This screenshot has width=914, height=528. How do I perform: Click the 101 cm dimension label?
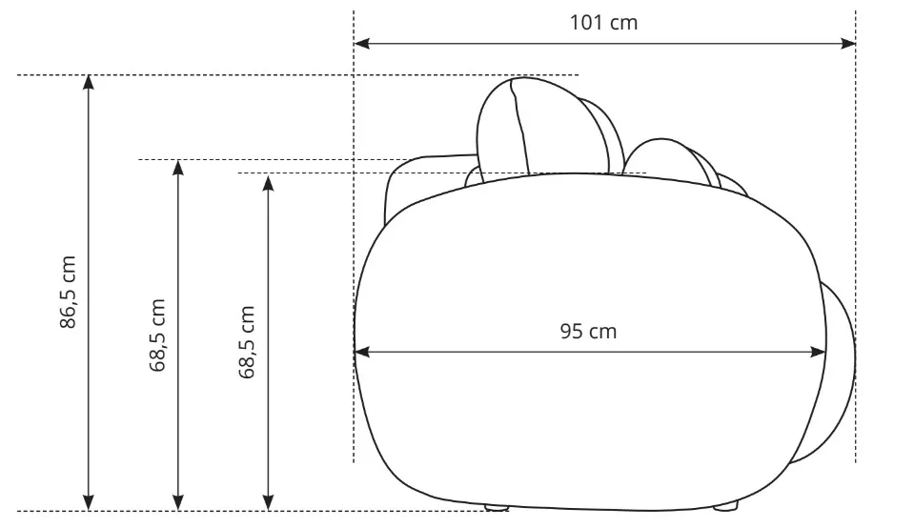coord(603,23)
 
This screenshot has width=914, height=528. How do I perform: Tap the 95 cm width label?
coord(588,331)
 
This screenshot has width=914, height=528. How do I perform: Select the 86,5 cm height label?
coord(69,292)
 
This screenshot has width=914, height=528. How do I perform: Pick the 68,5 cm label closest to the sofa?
coord(247,342)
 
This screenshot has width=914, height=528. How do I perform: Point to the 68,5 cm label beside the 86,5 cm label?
coord(157,335)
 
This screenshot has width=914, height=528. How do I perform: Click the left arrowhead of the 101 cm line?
coord(361,43)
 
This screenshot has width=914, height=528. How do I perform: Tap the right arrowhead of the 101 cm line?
coord(848,43)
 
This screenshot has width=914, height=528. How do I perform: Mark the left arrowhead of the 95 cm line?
coord(362,352)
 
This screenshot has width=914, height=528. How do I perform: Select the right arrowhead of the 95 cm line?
coord(818,352)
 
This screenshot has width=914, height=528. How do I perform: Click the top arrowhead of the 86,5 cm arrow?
coord(88,83)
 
